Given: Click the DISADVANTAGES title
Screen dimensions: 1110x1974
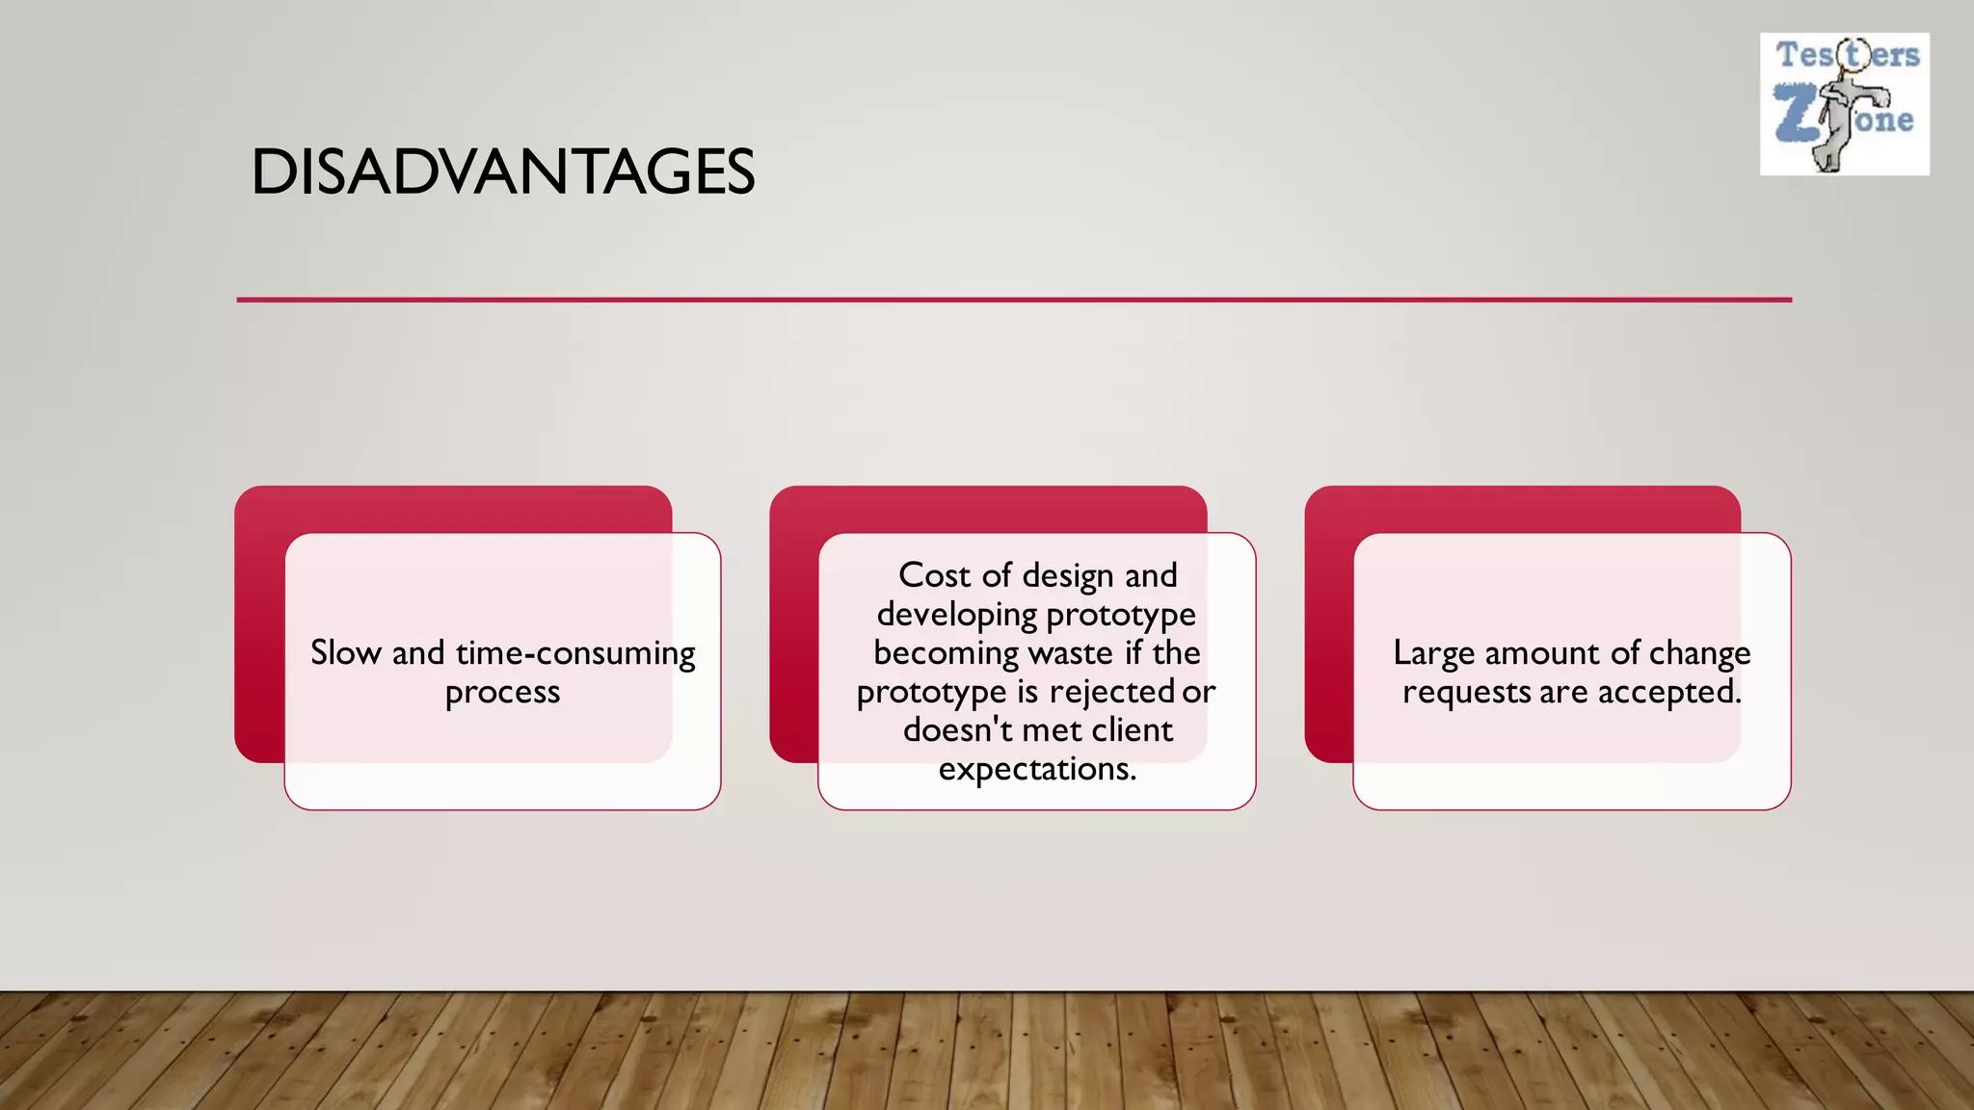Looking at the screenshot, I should click(x=502, y=173).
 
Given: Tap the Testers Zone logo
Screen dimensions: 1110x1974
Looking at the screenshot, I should click(x=1844, y=104).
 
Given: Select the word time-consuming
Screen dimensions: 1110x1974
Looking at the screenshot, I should click(x=575, y=653).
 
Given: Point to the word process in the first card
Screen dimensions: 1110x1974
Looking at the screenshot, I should click(x=502, y=693).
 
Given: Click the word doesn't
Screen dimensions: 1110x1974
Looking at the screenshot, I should click(x=958, y=730).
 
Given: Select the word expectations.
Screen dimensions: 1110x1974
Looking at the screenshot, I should click(x=1037, y=769).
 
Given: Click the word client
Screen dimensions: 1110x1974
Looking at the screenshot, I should click(x=1132, y=730).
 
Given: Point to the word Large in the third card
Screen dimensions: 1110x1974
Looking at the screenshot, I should click(x=1434, y=654).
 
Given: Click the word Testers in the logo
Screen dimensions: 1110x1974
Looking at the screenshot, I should click(x=1847, y=55).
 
